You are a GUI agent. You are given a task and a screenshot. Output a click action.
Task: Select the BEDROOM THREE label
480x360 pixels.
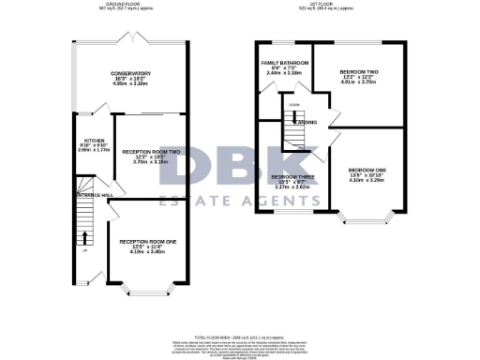click(293, 176)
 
